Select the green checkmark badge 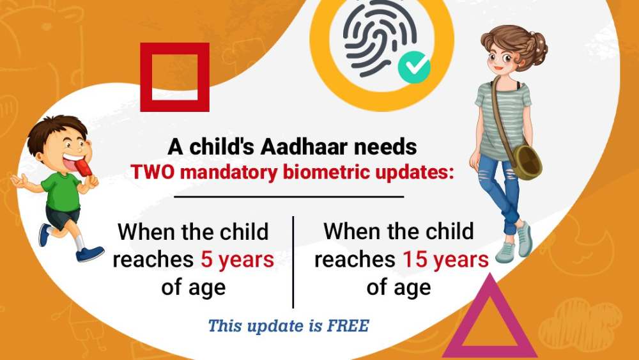[x=413, y=67]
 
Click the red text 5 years [x=237, y=260]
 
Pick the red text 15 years [x=445, y=259]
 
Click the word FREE [x=348, y=325]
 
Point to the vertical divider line [x=293, y=262]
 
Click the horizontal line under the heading [x=289, y=197]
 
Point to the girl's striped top [x=502, y=118]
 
